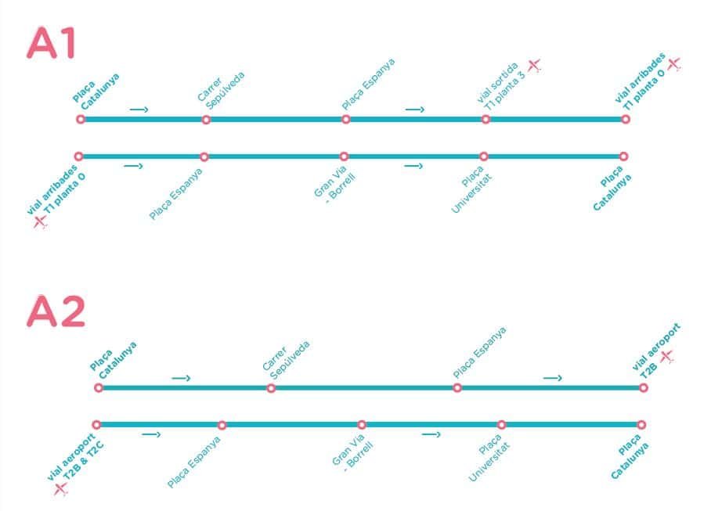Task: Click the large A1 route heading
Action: pyautogui.click(x=52, y=44)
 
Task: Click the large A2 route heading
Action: pyautogui.click(x=56, y=312)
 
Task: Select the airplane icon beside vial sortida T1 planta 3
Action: pyautogui.click(x=534, y=65)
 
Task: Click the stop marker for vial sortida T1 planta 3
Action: pyautogui.click(x=485, y=120)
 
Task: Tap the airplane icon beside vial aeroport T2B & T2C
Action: pyautogui.click(x=60, y=489)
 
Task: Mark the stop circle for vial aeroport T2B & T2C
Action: pyautogui.click(x=96, y=425)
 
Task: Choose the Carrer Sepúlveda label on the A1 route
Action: pyautogui.click(x=220, y=89)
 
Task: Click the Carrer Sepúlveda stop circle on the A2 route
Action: pyautogui.click(x=271, y=388)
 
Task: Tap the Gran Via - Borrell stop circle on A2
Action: pyautogui.click(x=362, y=425)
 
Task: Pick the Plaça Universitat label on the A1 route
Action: pyautogui.click(x=471, y=188)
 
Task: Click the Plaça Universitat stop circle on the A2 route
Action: pyautogui.click(x=501, y=425)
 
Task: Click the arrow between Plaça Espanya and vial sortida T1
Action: pyautogui.click(x=415, y=110)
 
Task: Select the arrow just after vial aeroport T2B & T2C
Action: pyautogui.click(x=152, y=434)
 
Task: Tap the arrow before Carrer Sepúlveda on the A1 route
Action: pyautogui.click(x=139, y=110)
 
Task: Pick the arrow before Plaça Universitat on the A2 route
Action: pyautogui.click(x=431, y=434)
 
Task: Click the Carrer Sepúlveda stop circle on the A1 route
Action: pyautogui.click(x=206, y=120)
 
